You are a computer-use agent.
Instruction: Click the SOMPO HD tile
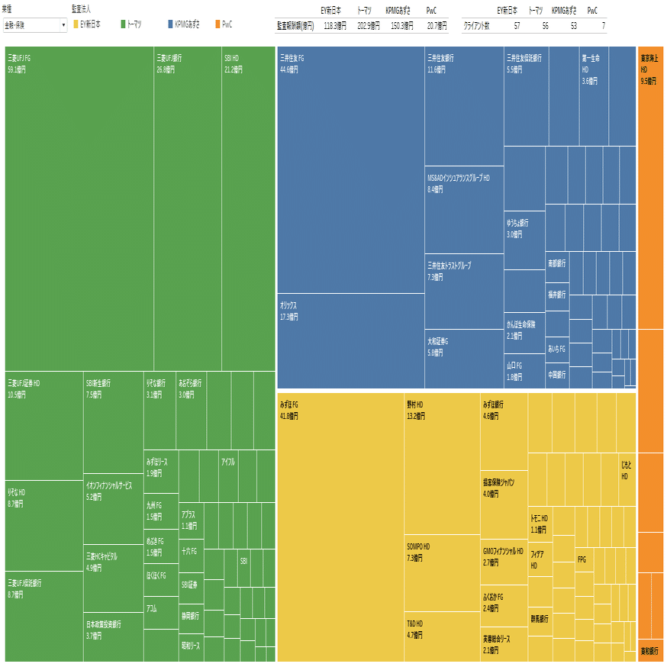pos(442,572)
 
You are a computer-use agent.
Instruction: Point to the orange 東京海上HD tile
pos(650,191)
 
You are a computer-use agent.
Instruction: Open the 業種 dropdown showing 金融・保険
pos(35,25)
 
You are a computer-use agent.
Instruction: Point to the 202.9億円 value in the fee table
pos(369,25)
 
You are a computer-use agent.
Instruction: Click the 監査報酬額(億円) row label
pos(295,25)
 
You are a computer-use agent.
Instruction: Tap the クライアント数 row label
pos(478,25)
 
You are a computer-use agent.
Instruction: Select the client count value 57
pos(517,25)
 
